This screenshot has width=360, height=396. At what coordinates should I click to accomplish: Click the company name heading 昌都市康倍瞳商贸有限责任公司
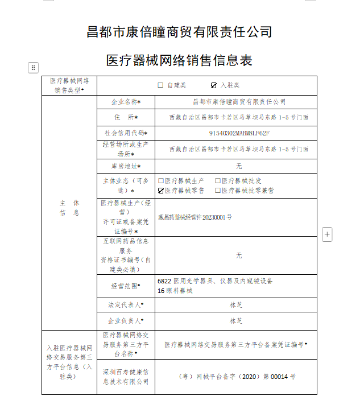coord(179,32)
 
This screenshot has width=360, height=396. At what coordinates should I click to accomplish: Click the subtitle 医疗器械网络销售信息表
coord(179,60)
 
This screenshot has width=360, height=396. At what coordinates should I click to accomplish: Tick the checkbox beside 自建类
coord(160,85)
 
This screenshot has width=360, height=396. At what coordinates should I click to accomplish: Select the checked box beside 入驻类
coord(214,85)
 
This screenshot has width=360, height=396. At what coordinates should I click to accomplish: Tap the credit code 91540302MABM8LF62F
coord(239,133)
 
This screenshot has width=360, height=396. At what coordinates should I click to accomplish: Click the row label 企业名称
coord(125,102)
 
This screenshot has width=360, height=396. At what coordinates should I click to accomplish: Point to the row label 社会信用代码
coord(125,133)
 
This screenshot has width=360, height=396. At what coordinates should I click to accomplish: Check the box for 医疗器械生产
coord(161,181)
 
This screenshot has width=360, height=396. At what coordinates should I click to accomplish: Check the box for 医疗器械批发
coord(218,181)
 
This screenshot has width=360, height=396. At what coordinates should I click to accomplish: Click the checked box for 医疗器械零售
coord(161,191)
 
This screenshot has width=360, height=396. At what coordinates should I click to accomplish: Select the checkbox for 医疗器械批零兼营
coord(218,191)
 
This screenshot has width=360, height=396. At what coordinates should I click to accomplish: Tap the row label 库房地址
coord(125,166)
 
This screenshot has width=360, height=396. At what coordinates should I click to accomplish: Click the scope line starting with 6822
coord(215,281)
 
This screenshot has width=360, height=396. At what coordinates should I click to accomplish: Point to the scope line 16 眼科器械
coord(175,291)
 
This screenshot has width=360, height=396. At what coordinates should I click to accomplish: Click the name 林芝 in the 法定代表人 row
coord(236,306)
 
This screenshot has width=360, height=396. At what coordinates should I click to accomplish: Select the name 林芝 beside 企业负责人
coord(236,321)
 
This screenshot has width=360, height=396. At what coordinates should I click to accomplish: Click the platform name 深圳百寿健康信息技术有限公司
coord(125,376)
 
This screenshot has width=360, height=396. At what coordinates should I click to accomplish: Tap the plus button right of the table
coord(327,234)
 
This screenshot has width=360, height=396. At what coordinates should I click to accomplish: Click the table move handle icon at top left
coord(33,68)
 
